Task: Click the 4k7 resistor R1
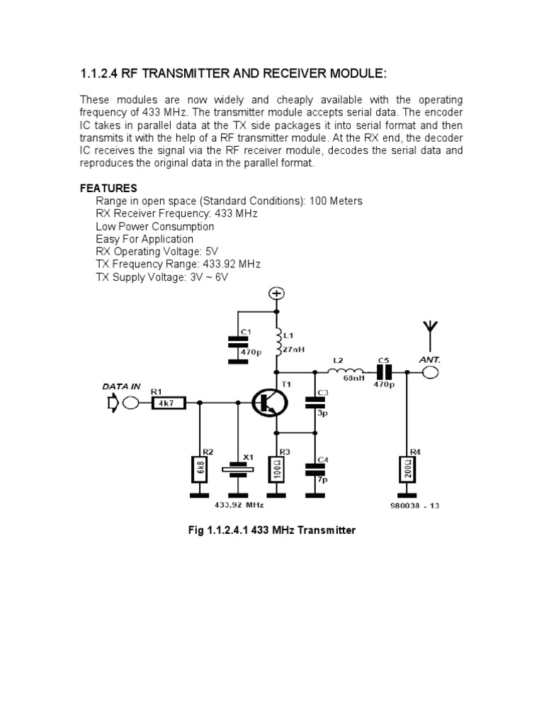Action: pos(169,403)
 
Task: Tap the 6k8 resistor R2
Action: pos(200,469)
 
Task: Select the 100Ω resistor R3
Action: pos(277,469)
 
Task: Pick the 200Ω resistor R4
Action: pos(407,468)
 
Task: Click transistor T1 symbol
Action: pos(268,403)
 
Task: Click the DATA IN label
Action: pos(122,387)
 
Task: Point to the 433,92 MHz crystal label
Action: pos(239,504)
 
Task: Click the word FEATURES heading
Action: pos(108,188)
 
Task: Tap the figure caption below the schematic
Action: pos(271,530)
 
